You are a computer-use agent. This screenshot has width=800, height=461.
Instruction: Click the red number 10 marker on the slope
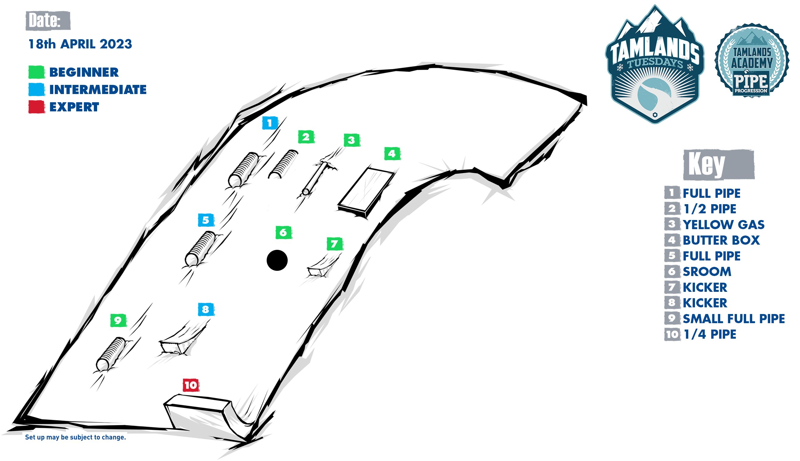click(x=191, y=385)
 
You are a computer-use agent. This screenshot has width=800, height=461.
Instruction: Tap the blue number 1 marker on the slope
click(x=270, y=123)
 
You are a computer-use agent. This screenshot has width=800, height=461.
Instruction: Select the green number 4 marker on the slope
click(x=392, y=154)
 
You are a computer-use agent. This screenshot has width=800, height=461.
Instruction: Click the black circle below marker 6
click(x=277, y=260)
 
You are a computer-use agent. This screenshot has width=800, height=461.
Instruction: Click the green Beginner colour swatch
click(x=37, y=72)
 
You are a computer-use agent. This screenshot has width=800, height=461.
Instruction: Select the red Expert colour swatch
click(x=37, y=107)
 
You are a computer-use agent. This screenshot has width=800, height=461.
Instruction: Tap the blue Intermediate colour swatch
click(x=37, y=89)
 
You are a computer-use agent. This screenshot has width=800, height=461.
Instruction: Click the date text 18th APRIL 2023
click(x=80, y=44)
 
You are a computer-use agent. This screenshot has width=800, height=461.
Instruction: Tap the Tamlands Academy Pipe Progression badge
click(x=752, y=60)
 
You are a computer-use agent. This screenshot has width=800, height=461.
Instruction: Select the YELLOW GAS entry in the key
click(x=724, y=225)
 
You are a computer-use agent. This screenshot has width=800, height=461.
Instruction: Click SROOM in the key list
click(x=707, y=272)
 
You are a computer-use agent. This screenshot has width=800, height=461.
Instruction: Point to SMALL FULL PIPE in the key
click(x=734, y=319)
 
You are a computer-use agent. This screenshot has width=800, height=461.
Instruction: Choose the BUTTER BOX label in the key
click(x=721, y=240)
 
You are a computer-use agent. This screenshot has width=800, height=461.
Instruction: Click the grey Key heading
click(x=719, y=165)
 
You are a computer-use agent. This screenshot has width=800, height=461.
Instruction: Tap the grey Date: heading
click(x=48, y=21)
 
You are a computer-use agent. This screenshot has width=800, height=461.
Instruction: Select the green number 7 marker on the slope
click(x=335, y=244)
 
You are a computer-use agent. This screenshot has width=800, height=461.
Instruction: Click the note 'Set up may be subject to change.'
click(x=75, y=437)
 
